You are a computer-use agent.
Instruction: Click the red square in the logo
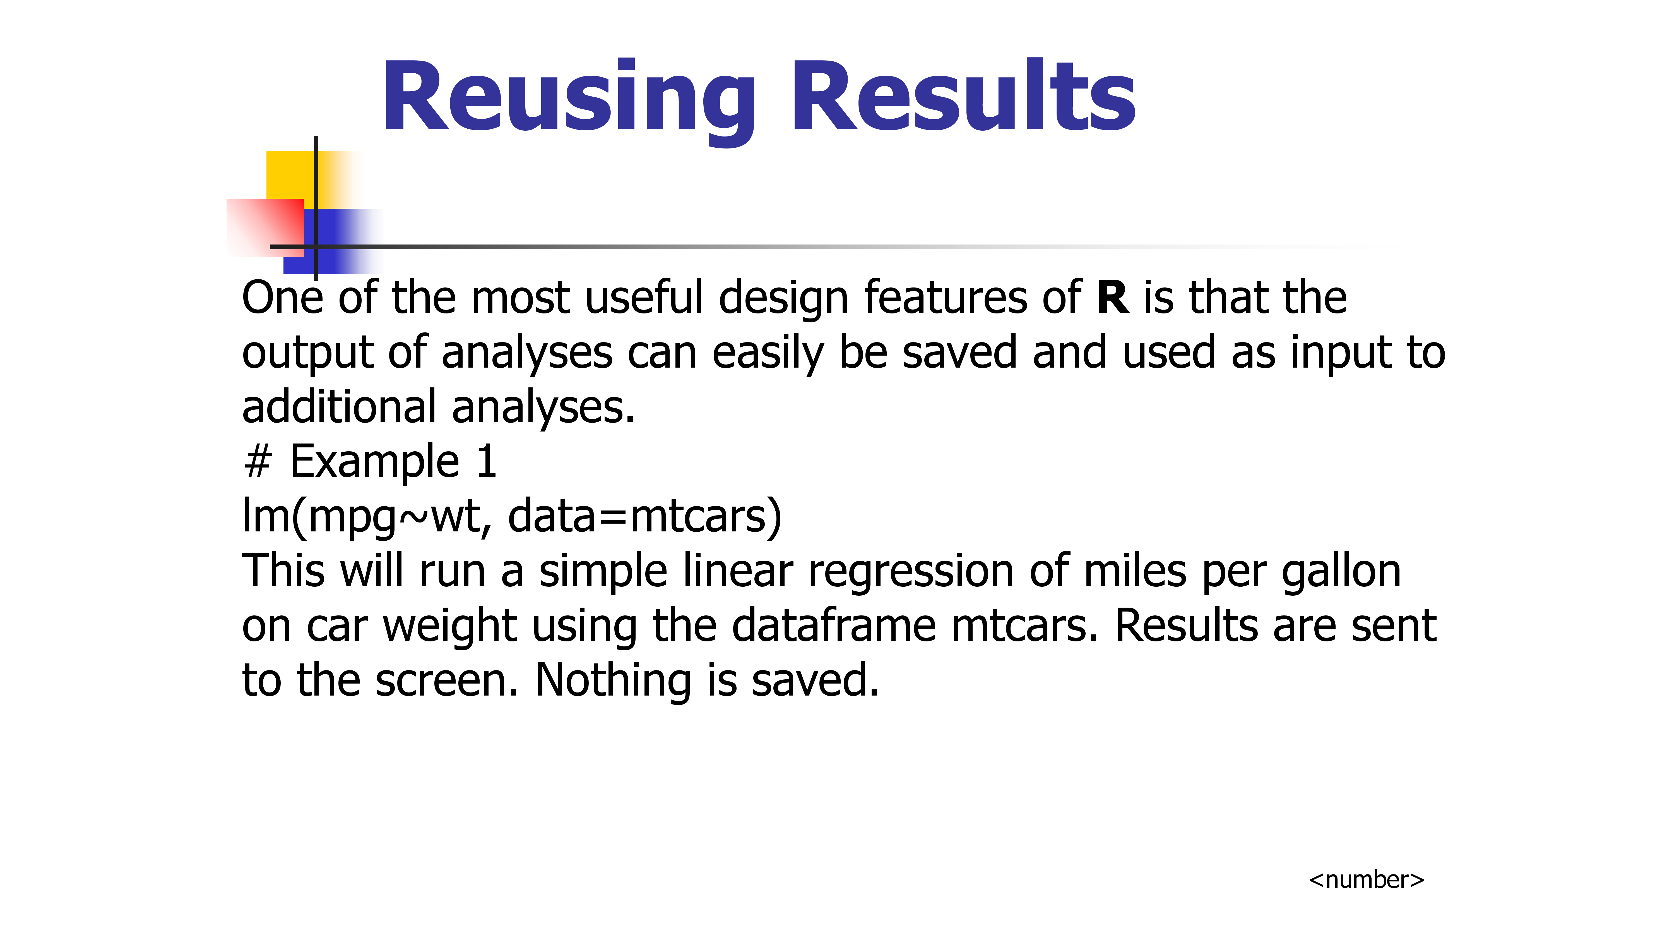(x=265, y=227)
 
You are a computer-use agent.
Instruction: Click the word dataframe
(x=834, y=625)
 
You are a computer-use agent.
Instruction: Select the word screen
(x=446, y=681)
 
